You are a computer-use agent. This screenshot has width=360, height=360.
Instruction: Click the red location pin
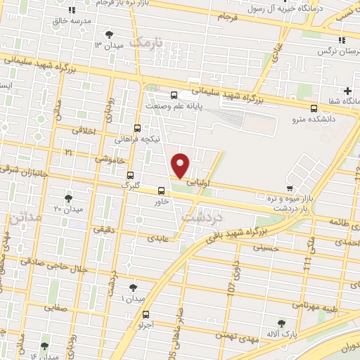point(181,165)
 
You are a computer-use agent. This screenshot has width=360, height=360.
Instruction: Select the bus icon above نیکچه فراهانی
point(138,128)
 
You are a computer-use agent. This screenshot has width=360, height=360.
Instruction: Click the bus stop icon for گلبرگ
point(130,175)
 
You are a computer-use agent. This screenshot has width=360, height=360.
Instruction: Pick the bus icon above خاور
point(162,191)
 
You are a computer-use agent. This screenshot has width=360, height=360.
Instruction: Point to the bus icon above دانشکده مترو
point(314,108)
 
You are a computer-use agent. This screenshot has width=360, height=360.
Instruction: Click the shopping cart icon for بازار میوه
point(290,188)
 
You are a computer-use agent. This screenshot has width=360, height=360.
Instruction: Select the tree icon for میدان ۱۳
point(108,34)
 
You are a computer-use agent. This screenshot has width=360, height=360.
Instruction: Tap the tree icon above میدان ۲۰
point(68,198)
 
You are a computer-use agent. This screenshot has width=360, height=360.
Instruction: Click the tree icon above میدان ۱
point(134,288)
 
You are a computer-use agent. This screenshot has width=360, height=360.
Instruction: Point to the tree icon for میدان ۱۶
point(45,346)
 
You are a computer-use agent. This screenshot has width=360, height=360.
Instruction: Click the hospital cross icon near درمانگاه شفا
point(347,91)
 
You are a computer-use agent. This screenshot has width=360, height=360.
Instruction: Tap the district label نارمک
point(149,43)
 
